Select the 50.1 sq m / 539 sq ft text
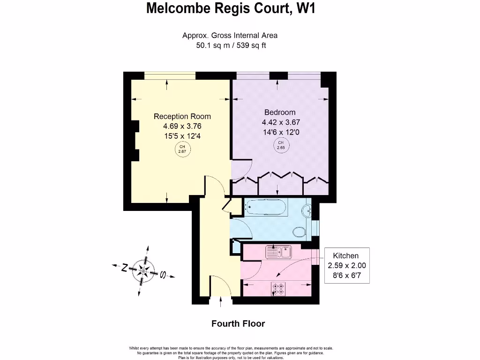pos(230,45)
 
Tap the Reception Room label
pos(182,116)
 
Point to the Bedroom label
pos(280,112)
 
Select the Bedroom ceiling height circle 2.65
pos(281,145)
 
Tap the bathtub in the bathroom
pos(266,207)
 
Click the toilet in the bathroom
pos(299,231)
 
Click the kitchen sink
pos(278,252)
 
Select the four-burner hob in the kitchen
pos(278,289)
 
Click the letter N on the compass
pos(125,268)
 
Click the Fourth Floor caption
pos(238,323)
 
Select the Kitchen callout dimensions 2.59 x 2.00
pos(347,265)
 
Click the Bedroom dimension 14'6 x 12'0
pos(280,132)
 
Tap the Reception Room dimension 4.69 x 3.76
pos(182,126)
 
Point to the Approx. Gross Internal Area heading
pos(230,36)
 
